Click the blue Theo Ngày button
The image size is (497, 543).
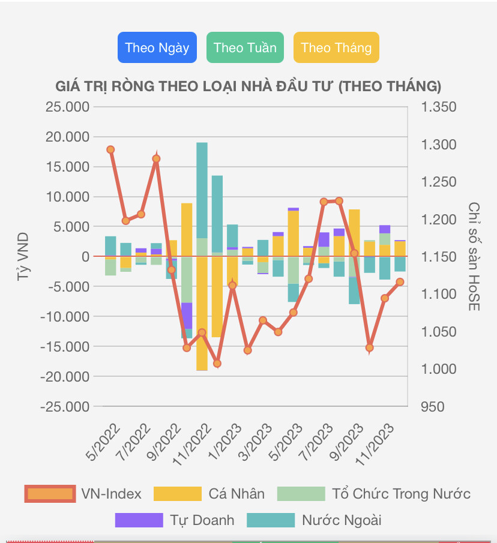[x=157, y=47]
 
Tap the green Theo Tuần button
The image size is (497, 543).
[x=245, y=47]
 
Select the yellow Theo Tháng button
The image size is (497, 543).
[x=336, y=47]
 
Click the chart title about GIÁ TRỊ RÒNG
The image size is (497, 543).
[x=248, y=86]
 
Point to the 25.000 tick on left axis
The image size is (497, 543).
[x=67, y=107]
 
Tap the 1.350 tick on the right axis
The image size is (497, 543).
[x=439, y=107]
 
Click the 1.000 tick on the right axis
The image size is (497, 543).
[x=439, y=369]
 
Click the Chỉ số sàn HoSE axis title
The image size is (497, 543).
[x=475, y=257]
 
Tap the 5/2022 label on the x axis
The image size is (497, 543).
[x=103, y=443]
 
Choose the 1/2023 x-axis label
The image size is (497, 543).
[x=224, y=443]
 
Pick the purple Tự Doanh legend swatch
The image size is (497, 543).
[x=139, y=520]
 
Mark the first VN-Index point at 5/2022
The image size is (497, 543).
[x=110, y=149]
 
